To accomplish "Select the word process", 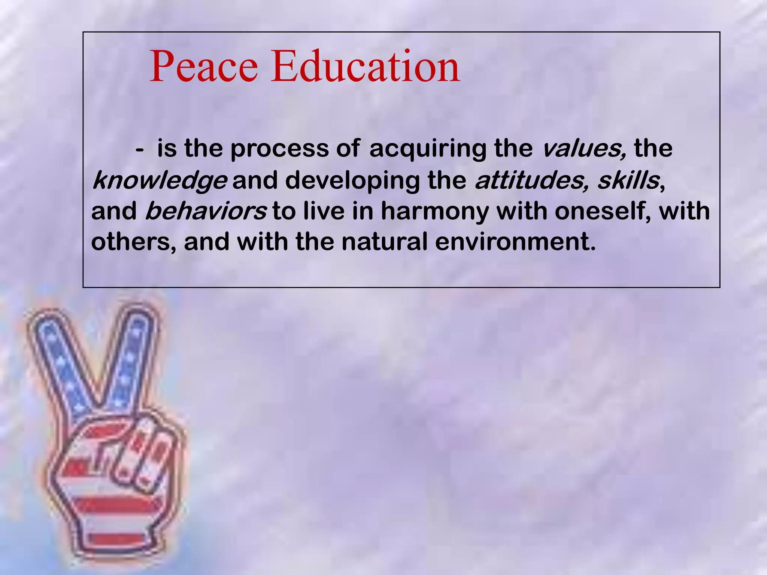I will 279,149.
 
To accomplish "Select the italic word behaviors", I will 206,212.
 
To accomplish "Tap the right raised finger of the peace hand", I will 131,359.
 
